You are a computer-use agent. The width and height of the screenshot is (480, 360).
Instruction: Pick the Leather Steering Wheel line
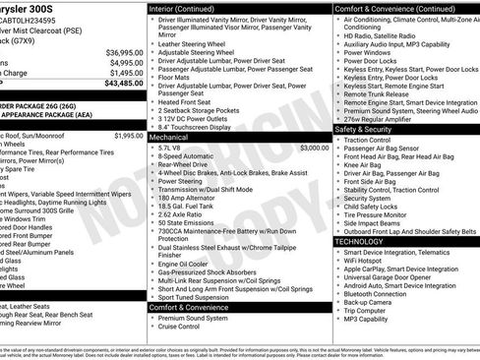(x=197, y=44)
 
